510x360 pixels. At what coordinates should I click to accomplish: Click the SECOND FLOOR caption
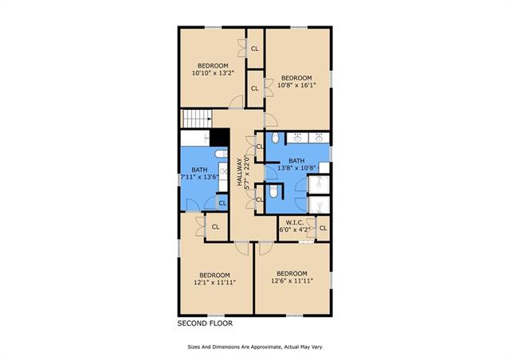[205, 323]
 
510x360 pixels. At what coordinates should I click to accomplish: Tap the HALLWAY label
[240, 172]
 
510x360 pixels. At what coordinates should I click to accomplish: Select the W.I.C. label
[295, 223]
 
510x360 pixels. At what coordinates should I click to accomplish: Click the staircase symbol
[197, 119]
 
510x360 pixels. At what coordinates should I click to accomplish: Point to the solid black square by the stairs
[220, 137]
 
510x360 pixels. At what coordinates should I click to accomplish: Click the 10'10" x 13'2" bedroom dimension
[213, 73]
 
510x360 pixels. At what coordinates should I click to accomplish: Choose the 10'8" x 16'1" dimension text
[296, 85]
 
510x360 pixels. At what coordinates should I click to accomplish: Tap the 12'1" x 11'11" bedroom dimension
[214, 282]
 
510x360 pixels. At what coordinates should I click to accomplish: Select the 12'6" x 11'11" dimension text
[292, 280]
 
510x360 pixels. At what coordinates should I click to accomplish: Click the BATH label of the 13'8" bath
[296, 161]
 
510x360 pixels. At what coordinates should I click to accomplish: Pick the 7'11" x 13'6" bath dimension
[199, 177]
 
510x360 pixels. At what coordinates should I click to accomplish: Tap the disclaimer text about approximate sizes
[255, 347]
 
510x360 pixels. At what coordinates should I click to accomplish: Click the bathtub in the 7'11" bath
[195, 139]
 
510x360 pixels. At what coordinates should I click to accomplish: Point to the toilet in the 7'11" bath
[222, 154]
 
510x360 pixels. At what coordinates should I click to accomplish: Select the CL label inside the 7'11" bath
[222, 204]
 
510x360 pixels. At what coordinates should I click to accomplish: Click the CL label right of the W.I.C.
[323, 229]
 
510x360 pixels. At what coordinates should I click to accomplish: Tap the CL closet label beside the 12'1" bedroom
[215, 227]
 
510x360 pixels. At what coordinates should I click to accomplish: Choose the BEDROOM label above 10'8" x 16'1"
[296, 78]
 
